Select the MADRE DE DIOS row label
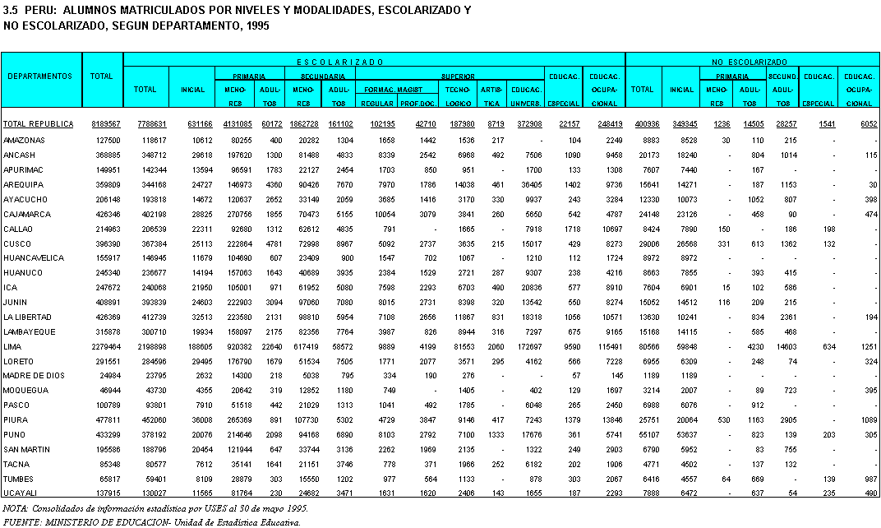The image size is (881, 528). (28, 374)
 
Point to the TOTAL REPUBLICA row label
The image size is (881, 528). (38, 124)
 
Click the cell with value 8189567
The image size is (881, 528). (106, 124)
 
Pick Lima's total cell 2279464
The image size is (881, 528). (106, 345)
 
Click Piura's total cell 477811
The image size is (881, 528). (108, 419)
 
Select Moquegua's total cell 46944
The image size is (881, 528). (109, 389)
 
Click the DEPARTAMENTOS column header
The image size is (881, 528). (40, 76)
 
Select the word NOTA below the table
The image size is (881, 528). (16, 509)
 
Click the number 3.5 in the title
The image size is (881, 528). (11, 10)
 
